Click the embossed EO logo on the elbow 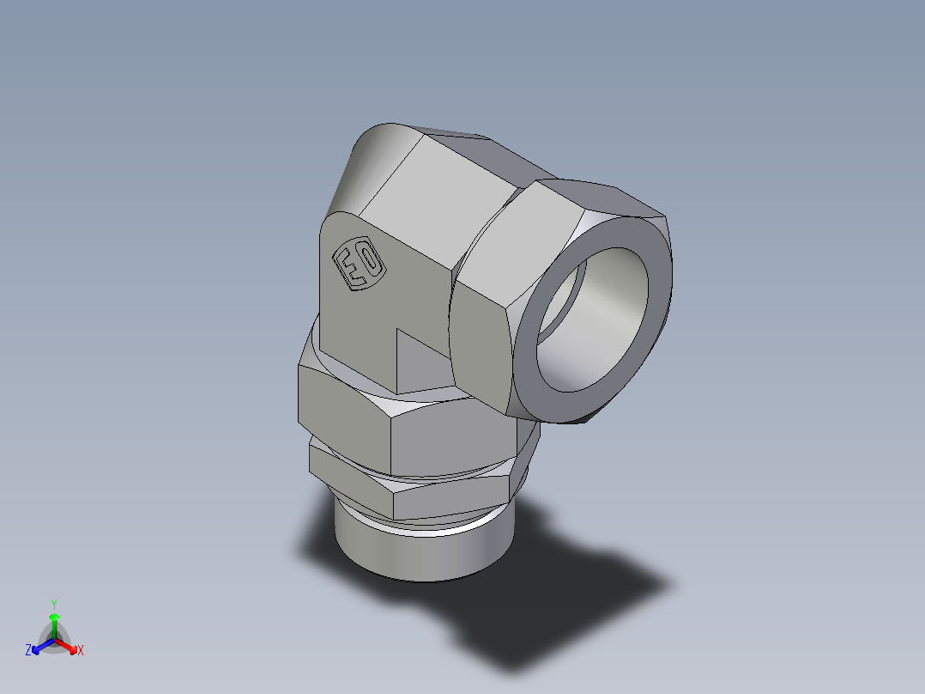358,264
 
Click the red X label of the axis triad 81,651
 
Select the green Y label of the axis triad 54,603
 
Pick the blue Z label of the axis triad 28,651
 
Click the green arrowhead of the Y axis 54,617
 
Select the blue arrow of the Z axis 39,647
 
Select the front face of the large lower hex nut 446,434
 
